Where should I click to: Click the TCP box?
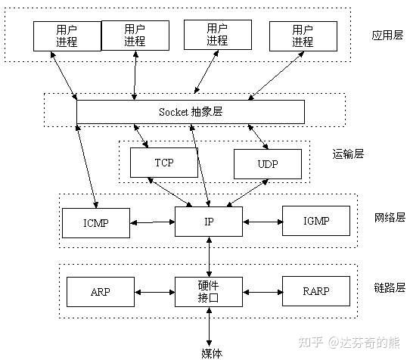tap(163, 162)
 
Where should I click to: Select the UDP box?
tap(267, 163)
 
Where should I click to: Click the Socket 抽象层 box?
tap(191, 111)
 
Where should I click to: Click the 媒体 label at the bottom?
tap(210, 353)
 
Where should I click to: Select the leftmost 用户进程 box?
tap(66, 35)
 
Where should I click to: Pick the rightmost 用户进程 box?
tap(301, 35)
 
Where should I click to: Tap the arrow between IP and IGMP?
tap(262, 222)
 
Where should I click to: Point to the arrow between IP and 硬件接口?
tap(210, 256)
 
